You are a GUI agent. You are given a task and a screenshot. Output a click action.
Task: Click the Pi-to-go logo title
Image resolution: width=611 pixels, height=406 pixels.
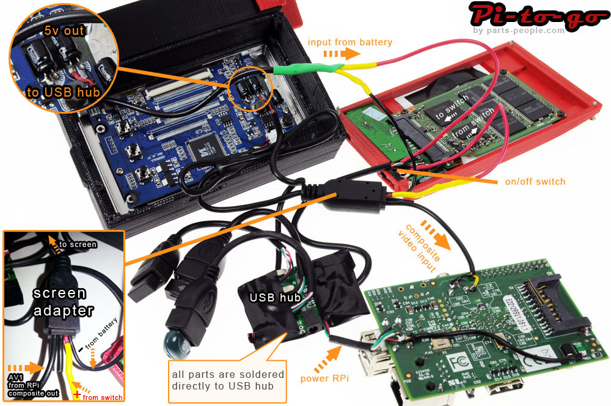(x=537, y=15)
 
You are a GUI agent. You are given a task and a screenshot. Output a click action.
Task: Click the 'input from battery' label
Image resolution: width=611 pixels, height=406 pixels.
(x=350, y=42)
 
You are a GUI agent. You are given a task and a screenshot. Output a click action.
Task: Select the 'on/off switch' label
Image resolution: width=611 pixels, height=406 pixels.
(x=535, y=182)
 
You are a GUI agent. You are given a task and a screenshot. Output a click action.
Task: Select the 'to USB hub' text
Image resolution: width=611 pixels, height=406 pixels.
(x=60, y=93)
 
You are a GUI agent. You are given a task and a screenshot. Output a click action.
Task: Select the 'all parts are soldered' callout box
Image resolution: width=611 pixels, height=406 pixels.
(x=228, y=380)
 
